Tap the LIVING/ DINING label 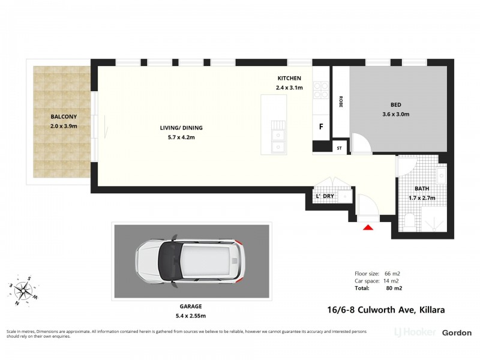[x=181, y=127]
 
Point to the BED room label [x=395, y=104]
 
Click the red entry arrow [x=368, y=226]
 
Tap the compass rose [x=24, y=292]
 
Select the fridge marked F [x=321, y=127]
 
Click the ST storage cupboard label [x=339, y=148]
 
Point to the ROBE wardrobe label [x=341, y=101]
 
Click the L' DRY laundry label [x=325, y=196]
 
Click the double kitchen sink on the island [x=277, y=139]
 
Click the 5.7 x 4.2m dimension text [x=181, y=137]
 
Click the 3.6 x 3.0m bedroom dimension [x=395, y=115]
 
